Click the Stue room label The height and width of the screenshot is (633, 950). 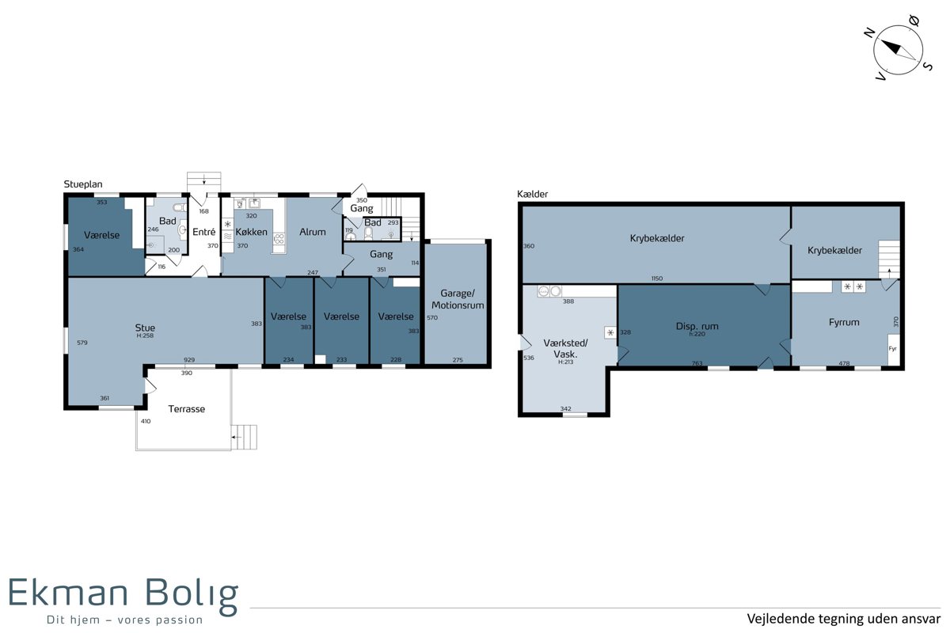click(145, 328)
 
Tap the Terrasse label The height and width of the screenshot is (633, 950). click(187, 409)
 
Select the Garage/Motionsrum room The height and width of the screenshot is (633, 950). click(458, 303)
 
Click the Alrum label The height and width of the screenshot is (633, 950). click(313, 232)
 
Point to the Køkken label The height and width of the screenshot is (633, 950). click(252, 232)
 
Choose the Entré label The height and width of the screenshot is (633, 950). click(204, 232)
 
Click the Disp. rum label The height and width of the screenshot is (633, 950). click(697, 327)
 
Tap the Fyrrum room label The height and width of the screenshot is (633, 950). click(844, 322)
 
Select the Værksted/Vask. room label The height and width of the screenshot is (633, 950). click(566, 348)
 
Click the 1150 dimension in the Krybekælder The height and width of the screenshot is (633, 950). click(657, 279)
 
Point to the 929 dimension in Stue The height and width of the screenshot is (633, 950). click(189, 359)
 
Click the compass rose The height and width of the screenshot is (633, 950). click(898, 50)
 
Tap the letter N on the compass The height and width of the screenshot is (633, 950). click(869, 32)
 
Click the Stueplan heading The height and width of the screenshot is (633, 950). click(83, 184)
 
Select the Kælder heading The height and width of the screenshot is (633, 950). click(532, 194)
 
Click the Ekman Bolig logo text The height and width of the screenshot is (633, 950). click(123, 593)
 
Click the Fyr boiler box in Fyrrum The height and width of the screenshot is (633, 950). click(894, 350)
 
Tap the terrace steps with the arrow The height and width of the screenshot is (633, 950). click(245, 437)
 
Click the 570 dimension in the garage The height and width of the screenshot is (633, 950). click(432, 317)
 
